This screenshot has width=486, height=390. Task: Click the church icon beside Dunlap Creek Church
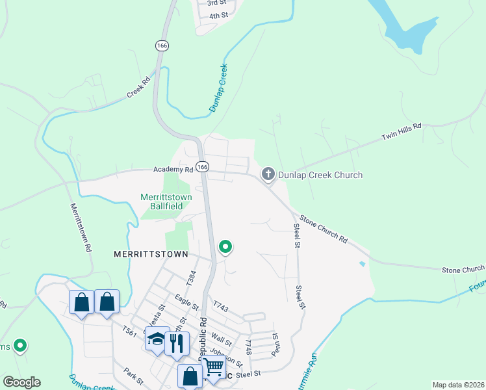point(268,174)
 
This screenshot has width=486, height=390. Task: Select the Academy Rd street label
point(173,169)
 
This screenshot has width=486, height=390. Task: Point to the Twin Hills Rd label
point(401,131)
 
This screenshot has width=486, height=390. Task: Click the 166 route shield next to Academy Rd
point(202,167)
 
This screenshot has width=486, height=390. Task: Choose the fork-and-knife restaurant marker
point(177,342)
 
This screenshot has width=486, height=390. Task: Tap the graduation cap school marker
point(157,339)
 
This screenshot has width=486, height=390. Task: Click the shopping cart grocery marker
point(213,367)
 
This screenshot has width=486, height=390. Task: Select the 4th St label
point(218,14)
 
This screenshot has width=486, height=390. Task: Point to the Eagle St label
point(186,302)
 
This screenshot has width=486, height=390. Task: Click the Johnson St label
point(230,356)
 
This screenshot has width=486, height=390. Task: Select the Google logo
point(21,382)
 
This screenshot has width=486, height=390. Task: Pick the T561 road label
point(130,331)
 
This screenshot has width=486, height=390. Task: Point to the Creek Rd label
point(138,88)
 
